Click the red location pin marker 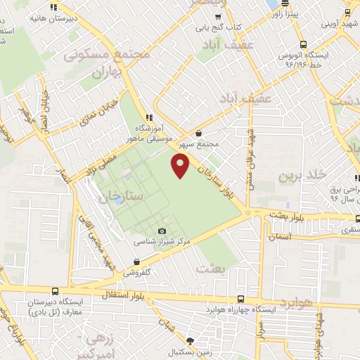181,166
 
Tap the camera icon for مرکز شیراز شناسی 162,231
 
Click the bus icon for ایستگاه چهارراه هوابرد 241,299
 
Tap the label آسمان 279,238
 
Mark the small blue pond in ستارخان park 117,200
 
